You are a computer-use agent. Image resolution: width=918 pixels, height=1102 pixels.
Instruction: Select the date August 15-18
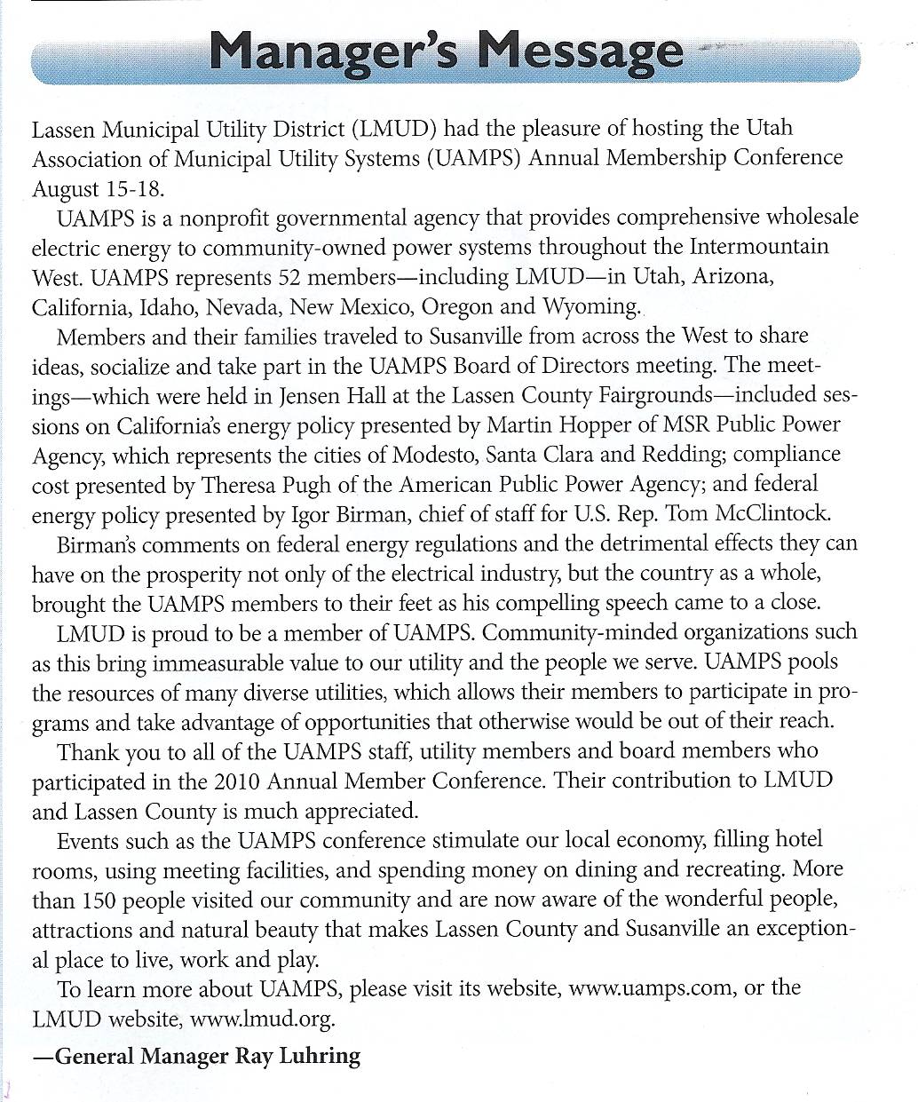[99, 189]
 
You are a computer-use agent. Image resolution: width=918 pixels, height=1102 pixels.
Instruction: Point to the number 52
[291, 277]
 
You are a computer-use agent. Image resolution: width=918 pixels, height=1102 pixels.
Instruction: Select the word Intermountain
[759, 247]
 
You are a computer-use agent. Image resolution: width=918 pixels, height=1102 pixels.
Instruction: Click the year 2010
[237, 781]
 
